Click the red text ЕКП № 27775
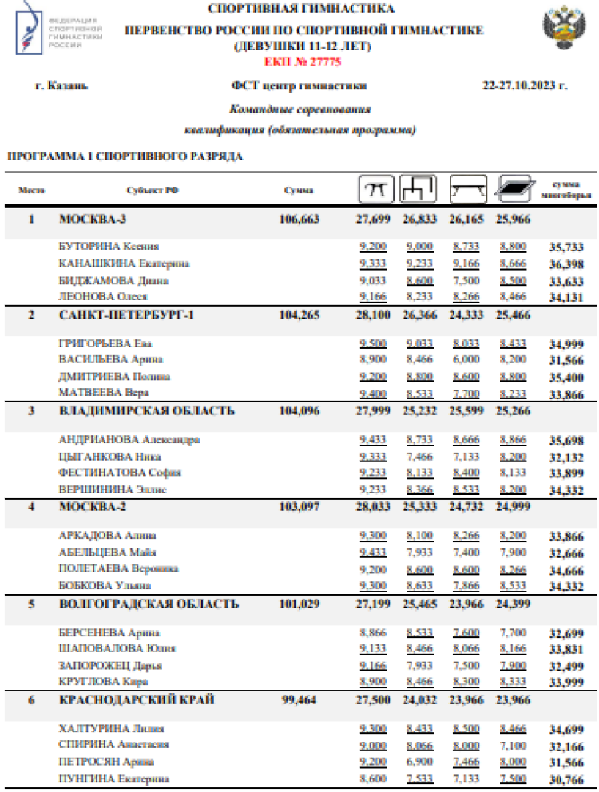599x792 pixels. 302,61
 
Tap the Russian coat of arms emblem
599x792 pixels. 565,30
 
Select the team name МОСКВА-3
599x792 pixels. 92,219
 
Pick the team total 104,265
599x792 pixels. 299,315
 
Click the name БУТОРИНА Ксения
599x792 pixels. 109,247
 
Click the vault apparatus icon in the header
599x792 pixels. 375,189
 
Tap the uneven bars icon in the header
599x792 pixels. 419,189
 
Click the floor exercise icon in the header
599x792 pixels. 513,190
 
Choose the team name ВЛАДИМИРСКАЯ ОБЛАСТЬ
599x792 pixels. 147,411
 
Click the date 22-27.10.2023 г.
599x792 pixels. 525,85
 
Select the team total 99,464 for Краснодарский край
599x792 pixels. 299,700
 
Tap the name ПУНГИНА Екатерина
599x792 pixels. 113,778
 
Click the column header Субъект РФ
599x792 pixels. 148,190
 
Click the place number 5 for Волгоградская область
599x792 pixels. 32,604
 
